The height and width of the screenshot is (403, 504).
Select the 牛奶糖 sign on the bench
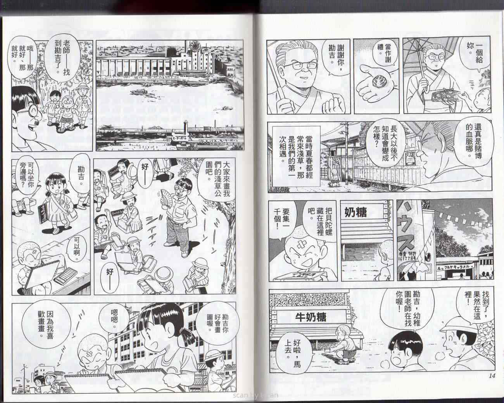309,317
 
